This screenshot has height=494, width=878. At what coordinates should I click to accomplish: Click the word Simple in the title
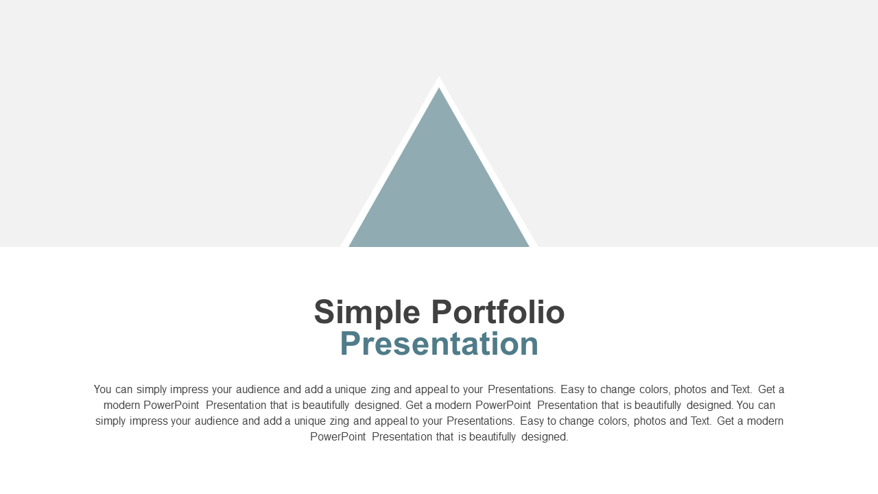tap(367, 313)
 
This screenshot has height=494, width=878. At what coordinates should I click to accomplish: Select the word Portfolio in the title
tap(498, 311)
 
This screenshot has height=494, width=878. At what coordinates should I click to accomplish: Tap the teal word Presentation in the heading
tap(439, 344)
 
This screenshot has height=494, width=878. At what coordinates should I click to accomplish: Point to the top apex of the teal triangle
tap(439, 87)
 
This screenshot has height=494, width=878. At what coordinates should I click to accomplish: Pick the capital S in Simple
tap(324, 311)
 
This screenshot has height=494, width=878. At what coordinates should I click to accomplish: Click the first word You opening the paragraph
tap(103, 389)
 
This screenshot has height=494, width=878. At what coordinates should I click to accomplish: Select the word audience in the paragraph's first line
tap(258, 389)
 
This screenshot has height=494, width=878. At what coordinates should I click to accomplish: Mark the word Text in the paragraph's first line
tap(741, 389)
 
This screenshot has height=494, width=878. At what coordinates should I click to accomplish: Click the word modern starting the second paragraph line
tap(121, 405)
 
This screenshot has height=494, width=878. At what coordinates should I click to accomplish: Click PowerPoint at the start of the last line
tap(338, 436)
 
